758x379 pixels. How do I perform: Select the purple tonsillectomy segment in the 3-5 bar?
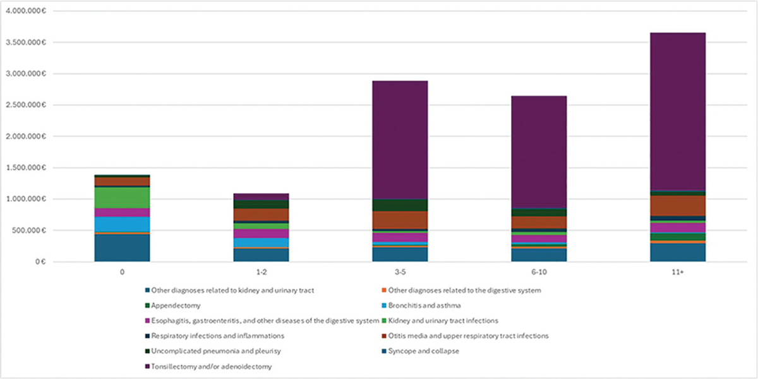pyautogui.click(x=400, y=139)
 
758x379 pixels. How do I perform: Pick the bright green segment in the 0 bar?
pyautogui.click(x=122, y=197)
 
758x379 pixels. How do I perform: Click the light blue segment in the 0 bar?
pyautogui.click(x=122, y=224)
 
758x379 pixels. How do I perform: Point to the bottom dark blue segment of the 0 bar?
pyautogui.click(x=122, y=248)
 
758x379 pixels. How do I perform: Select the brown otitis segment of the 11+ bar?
pyautogui.click(x=678, y=206)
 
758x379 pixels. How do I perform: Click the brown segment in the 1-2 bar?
pyautogui.click(x=261, y=214)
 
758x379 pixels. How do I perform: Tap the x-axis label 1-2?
pyautogui.click(x=261, y=274)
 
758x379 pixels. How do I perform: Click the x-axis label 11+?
pyautogui.click(x=678, y=274)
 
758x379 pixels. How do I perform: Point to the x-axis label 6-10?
pyautogui.click(x=539, y=274)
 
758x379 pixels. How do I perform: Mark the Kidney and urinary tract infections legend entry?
pyautogui.click(x=442, y=321)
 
